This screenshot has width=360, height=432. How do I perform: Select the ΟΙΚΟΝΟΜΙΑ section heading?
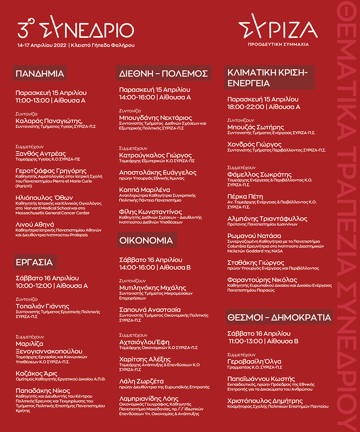pos(146,240)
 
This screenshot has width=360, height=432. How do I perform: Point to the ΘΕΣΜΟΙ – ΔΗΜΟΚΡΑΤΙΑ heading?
pos(279,317)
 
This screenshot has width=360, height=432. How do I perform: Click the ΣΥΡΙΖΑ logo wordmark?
pos(278,29)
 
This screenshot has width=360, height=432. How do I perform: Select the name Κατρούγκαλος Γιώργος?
pos(155,155)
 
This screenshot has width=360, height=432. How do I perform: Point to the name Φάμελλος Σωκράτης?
pos(259,174)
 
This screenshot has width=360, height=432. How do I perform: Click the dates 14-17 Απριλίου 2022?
pos(42,45)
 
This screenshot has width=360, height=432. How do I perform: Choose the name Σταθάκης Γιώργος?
pos(256,262)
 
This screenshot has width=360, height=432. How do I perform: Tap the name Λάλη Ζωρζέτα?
pos(141,381)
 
